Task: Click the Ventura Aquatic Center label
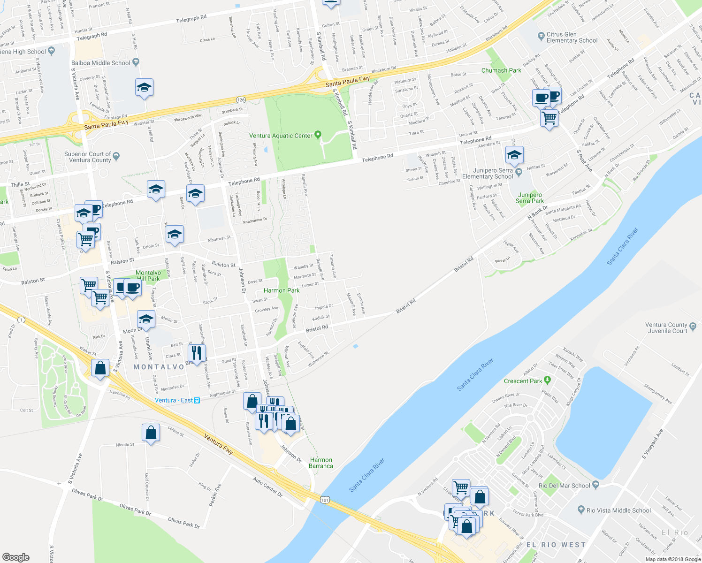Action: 281,136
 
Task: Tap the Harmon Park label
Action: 282,290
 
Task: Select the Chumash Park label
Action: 501,70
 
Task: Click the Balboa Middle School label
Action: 101,63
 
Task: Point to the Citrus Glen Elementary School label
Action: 572,38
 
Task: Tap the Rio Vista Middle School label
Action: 618,510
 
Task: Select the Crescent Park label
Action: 523,381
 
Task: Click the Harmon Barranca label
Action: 321,463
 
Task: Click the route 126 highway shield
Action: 241,100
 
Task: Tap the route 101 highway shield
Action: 325,500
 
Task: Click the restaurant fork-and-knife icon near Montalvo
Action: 197,352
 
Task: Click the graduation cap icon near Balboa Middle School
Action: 144,87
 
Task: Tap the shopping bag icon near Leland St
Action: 151,432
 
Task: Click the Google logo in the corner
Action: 15,557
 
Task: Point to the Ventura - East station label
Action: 177,400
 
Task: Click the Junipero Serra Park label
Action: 530,198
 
